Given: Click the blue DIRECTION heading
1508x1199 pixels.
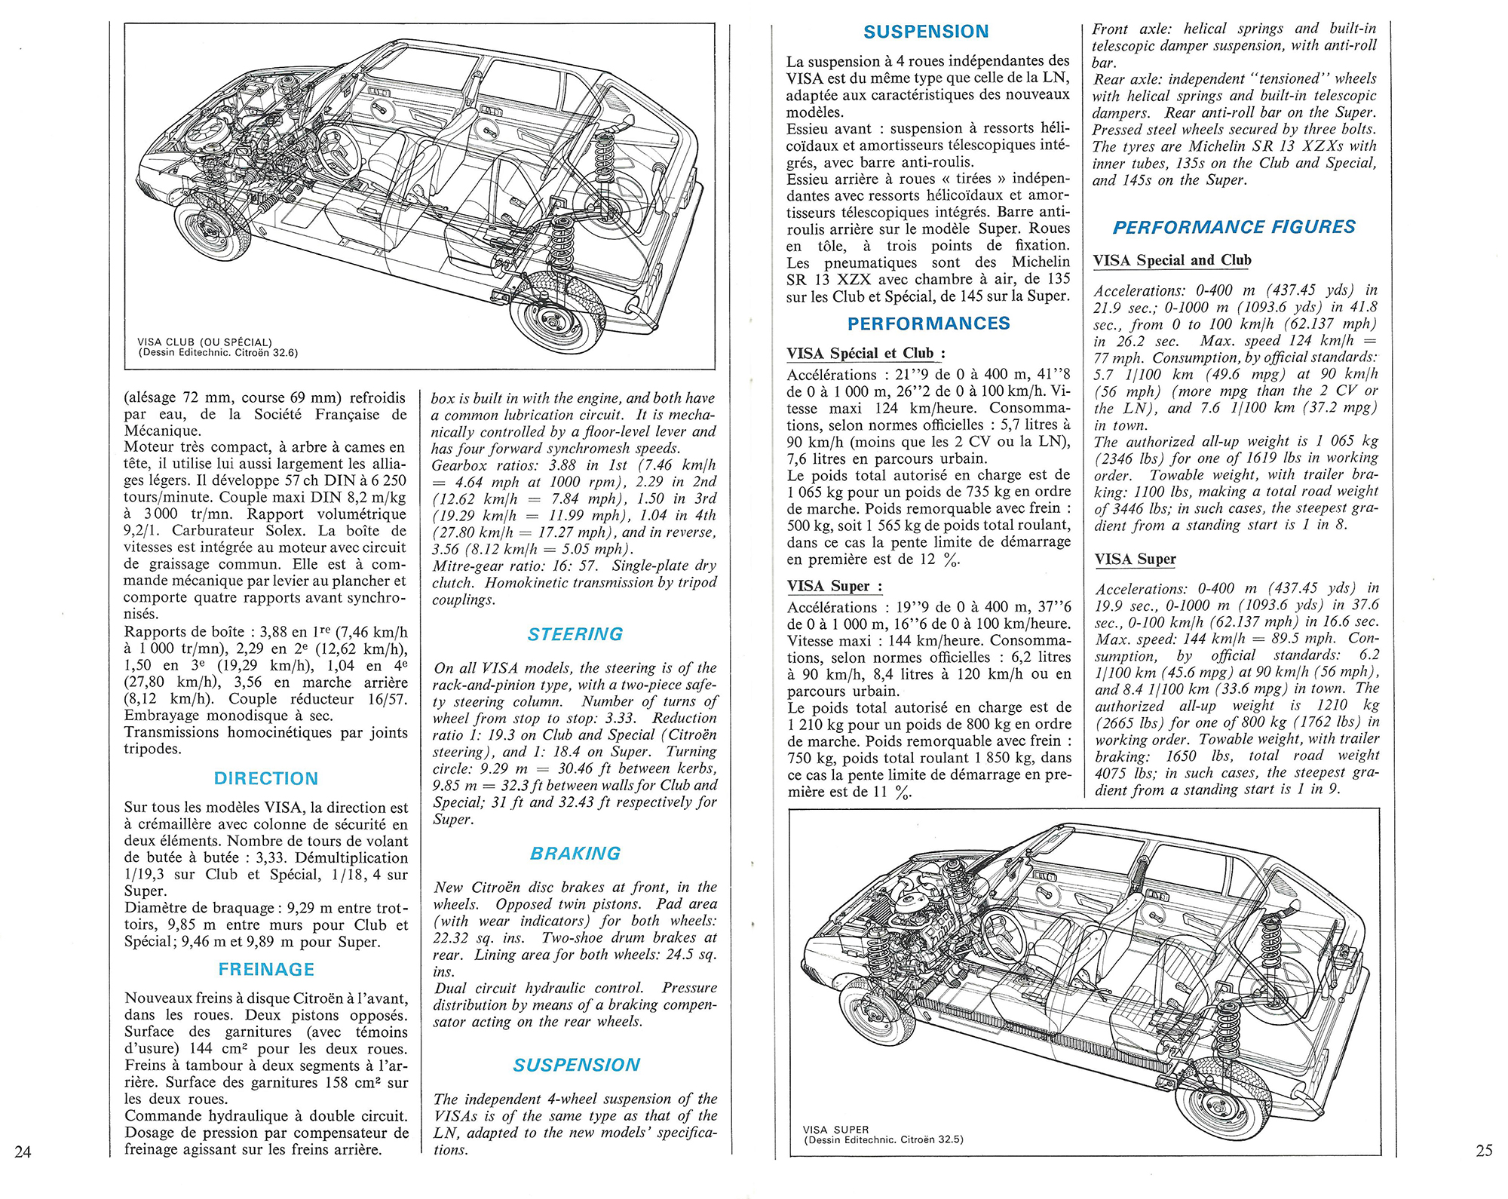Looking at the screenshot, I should (265, 778).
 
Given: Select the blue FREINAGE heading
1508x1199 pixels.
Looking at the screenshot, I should (265, 969).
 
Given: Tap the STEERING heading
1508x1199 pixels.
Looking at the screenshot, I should (575, 634).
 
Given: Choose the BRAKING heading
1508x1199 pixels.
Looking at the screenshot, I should (575, 853).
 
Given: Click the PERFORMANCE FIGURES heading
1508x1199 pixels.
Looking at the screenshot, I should (1234, 227).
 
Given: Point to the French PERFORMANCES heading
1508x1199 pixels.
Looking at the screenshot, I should (928, 324).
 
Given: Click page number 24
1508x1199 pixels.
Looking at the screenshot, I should (23, 1151).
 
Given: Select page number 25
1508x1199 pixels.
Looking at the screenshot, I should (1483, 1150).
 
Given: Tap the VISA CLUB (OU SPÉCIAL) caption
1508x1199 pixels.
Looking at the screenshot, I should (204, 342).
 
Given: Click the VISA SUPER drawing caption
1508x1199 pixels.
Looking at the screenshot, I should (836, 1130).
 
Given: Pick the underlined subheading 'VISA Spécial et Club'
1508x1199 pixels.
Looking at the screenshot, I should (866, 354).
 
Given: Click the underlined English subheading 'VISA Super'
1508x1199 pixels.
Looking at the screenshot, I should (1135, 559).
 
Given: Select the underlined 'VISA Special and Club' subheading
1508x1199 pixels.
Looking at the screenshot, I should (1172, 260).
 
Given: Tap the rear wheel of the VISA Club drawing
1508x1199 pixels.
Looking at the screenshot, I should (558, 314).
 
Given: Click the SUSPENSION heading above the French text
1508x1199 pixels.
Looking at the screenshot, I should (926, 32).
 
